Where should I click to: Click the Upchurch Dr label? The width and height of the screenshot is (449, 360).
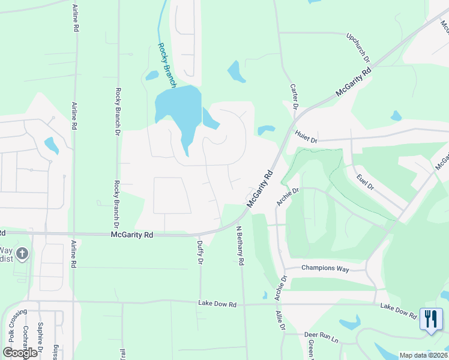click(x=358, y=47)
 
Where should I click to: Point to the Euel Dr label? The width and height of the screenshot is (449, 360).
click(x=364, y=182)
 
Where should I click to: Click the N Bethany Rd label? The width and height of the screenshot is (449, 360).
click(x=240, y=245)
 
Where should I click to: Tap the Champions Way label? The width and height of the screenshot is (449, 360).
click(x=325, y=268)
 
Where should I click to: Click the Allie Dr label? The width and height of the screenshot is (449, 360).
click(x=279, y=320)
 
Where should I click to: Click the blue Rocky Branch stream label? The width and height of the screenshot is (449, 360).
click(x=166, y=65)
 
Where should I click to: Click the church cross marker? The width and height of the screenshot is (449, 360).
click(x=22, y=254)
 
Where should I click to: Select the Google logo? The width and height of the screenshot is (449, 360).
click(x=20, y=353)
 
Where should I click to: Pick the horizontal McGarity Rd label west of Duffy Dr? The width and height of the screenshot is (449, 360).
click(x=132, y=235)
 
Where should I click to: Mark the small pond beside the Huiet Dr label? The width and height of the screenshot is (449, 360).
click(x=266, y=129)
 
